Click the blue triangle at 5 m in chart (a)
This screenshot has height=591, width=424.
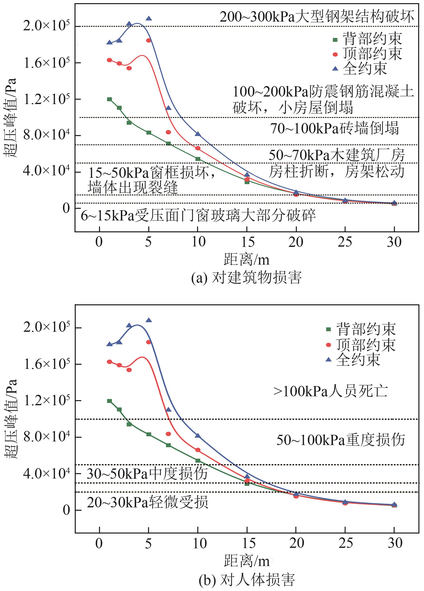tap(149, 18)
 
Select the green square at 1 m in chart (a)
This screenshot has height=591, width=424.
tap(109, 99)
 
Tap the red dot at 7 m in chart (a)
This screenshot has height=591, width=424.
tap(168, 132)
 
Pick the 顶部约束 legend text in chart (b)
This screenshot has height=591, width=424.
tap(366, 345)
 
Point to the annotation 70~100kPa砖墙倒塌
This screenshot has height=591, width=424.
tap(334, 129)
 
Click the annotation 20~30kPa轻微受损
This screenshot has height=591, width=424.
tap(147, 502)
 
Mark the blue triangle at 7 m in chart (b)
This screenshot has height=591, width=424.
tap(168, 410)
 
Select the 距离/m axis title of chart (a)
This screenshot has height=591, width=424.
tap(246, 259)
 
